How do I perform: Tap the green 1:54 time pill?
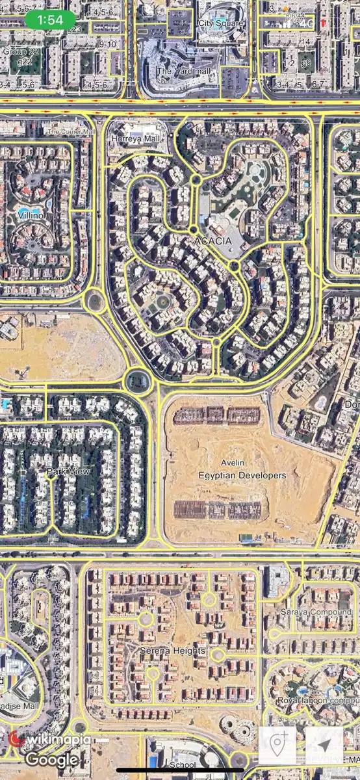pos(50,19)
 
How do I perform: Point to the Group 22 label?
pos(21,52)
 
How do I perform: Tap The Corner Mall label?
pos(71,131)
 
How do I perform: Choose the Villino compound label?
pos(30,214)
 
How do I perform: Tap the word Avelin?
pos(233,463)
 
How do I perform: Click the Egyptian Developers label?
pos(242,475)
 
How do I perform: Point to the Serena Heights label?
pos(173,651)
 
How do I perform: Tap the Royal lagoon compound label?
pos(318,701)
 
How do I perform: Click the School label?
pos(182,765)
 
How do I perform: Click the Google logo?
pos(52,759)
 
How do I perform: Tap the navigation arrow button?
pos(324,746)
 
